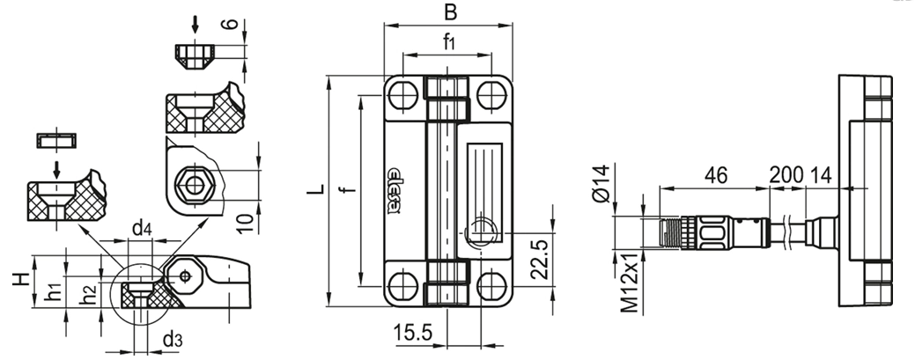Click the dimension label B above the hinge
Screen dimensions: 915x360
pyautogui.click(x=450, y=12)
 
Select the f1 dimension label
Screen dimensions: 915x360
pyautogui.click(x=449, y=41)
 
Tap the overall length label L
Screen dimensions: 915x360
pyautogui.click(x=316, y=188)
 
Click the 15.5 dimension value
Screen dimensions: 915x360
pyautogui.click(x=412, y=333)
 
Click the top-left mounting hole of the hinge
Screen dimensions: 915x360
pyautogui.click(x=402, y=94)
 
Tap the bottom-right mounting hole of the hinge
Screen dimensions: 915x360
pyautogui.click(x=491, y=286)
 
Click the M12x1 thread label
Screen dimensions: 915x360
pyautogui.click(x=630, y=283)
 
